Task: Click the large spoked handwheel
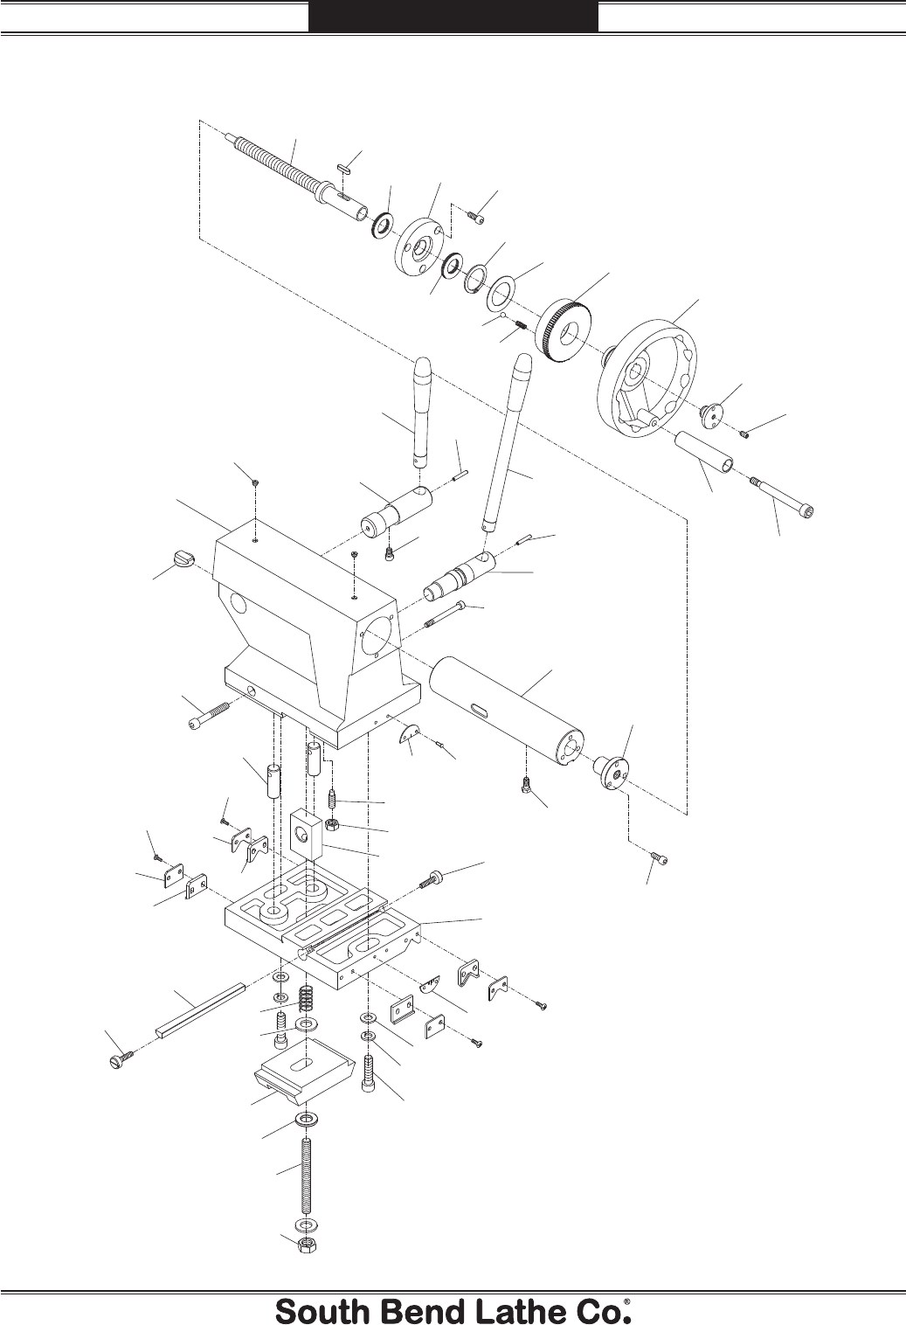647,379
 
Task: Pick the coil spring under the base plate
306,999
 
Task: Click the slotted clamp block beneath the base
305,1071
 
